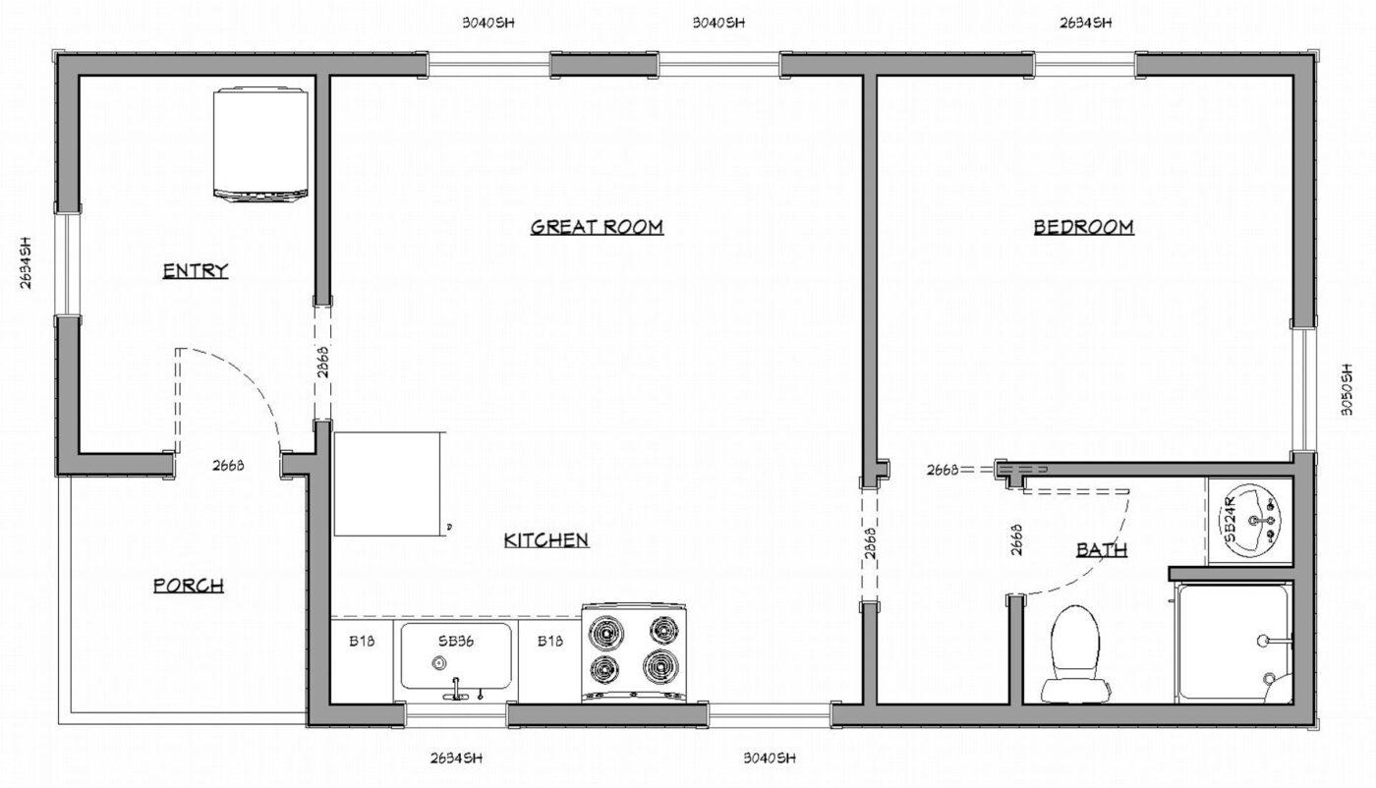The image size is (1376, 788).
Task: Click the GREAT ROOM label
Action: point(597,227)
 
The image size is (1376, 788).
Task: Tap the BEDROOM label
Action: point(1083,227)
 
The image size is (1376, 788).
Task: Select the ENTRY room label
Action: point(195,271)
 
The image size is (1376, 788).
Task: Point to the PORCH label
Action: point(189,586)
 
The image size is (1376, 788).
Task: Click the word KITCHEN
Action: point(545,539)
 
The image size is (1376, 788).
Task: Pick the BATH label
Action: point(1101,549)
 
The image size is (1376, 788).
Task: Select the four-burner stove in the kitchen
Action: point(637,651)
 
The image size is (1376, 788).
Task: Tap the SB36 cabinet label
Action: point(457,641)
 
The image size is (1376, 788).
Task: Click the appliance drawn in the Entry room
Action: point(260,144)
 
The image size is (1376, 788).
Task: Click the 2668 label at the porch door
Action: point(227,466)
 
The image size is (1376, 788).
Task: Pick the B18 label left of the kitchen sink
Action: point(361,642)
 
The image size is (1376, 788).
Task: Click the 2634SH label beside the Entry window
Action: point(27,264)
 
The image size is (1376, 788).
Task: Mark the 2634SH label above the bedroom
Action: point(1086,22)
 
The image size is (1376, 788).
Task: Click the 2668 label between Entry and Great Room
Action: point(322,366)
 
